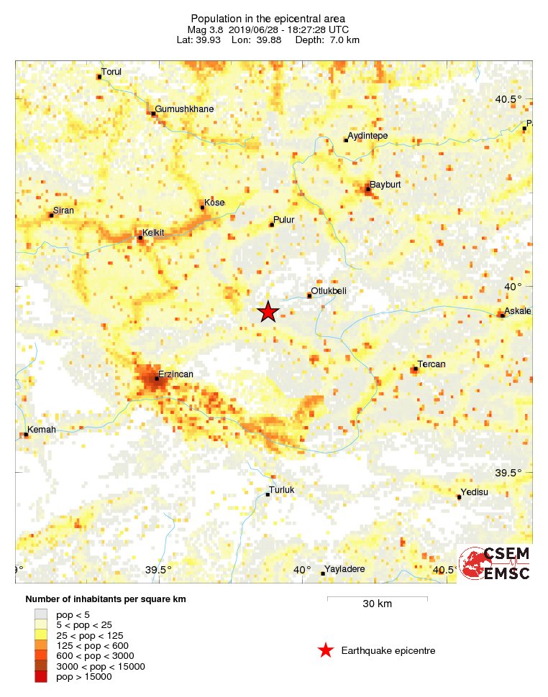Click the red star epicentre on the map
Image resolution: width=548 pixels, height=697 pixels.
tap(268, 312)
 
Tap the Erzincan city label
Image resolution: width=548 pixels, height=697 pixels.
tap(176, 374)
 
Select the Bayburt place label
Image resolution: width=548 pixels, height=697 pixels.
tap(385, 185)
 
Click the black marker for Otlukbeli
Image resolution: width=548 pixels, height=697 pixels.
tap(310, 295)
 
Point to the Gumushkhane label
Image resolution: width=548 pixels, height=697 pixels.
tap(184, 109)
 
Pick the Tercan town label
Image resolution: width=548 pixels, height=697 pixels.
tap(431, 364)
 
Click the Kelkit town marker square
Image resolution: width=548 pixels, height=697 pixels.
tap(140, 237)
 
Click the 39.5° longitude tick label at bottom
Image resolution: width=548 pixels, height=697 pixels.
tap(157, 570)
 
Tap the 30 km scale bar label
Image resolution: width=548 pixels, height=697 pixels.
tap(377, 604)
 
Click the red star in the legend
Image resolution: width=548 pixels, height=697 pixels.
tap(326, 651)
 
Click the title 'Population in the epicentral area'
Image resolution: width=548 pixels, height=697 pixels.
tap(268, 18)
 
